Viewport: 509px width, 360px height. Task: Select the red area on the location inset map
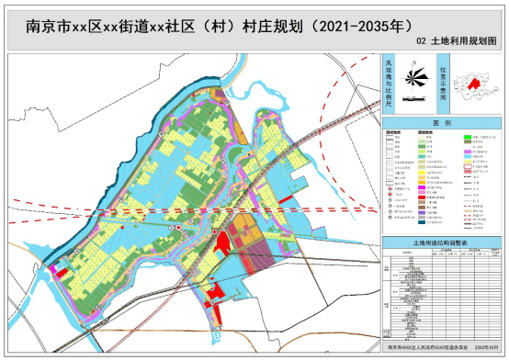[475, 84]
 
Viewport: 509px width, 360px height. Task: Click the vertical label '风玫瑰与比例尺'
[389, 81]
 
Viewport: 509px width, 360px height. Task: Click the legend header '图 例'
[440, 122]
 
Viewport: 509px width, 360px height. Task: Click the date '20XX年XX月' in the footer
[477, 349]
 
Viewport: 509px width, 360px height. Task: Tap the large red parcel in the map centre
[221, 242]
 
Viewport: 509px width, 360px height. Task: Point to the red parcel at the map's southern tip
[214, 295]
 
